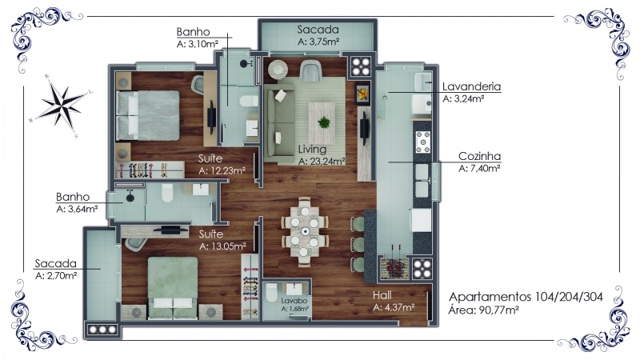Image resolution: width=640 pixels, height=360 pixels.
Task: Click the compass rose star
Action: [62, 106]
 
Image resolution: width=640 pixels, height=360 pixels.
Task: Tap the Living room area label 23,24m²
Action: [322, 162]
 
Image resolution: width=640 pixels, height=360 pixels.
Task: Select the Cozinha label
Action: [479, 156]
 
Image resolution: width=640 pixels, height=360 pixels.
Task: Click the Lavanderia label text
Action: [471, 86]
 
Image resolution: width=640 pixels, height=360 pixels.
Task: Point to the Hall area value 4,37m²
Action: [394, 307]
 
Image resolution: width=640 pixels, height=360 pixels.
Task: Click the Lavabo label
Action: [294, 301]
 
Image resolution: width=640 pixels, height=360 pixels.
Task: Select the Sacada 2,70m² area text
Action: [56, 276]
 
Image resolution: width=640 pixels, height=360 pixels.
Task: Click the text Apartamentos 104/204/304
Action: [526, 297]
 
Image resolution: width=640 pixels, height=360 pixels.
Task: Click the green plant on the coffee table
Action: [324, 122]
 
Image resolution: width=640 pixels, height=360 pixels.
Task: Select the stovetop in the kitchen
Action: [422, 142]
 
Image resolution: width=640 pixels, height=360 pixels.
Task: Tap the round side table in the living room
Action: [278, 70]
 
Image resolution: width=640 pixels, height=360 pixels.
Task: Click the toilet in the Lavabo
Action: [271, 293]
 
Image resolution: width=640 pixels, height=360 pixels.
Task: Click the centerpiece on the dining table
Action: [305, 231]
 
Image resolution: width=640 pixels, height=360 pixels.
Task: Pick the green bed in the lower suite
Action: [173, 287]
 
